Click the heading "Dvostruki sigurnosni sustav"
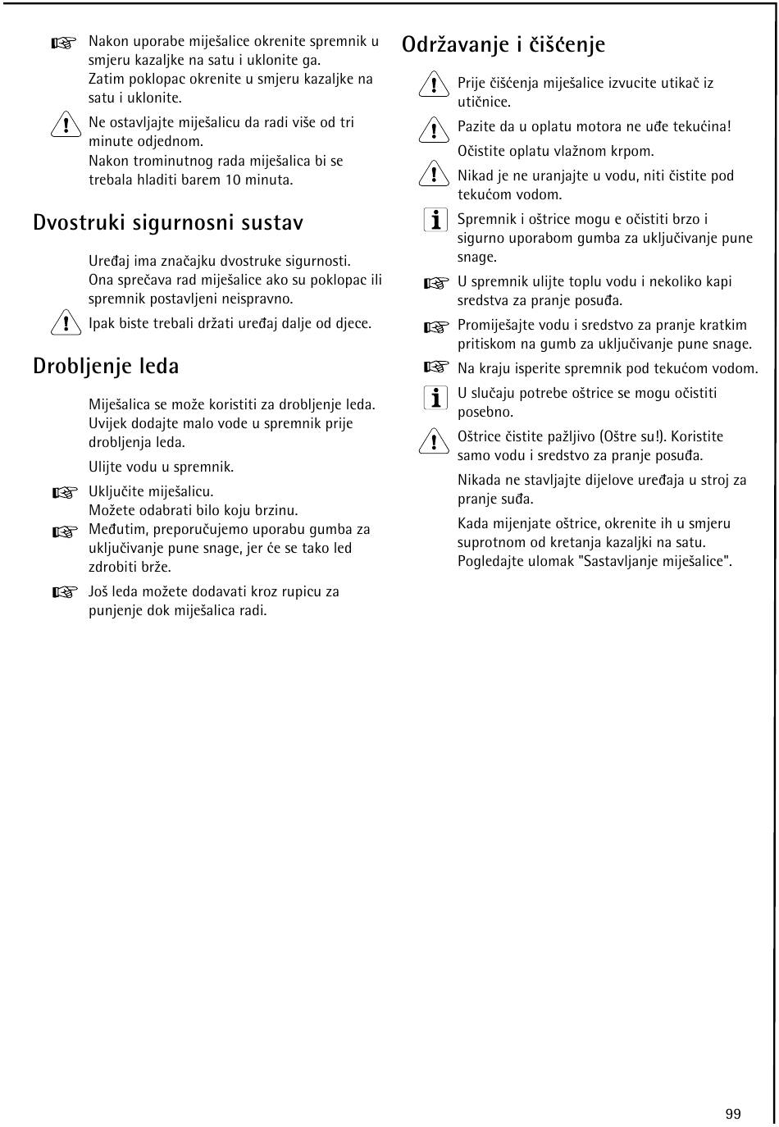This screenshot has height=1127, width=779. pos(168,223)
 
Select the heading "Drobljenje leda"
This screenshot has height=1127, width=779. pos(106,366)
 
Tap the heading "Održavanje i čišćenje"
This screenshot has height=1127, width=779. pos(503,44)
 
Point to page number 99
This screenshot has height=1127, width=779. pos(733,1113)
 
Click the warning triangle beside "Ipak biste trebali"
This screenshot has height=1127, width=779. pos(62,324)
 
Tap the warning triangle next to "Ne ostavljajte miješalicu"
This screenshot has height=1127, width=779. pos(62,124)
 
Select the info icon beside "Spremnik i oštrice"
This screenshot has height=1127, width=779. pos(435,220)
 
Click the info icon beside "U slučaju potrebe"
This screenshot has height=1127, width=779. pos(435,398)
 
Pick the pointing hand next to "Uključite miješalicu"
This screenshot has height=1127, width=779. pos(63,493)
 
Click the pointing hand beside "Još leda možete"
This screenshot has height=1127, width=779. pos(63,592)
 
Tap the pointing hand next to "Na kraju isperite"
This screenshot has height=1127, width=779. pos(436,367)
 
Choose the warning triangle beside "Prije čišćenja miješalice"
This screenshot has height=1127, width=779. pos(431,84)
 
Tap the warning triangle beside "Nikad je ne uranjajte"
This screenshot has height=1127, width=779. pos(431,176)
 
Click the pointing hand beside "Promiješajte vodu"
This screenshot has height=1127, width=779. pos(436,327)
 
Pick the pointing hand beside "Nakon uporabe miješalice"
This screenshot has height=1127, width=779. pos(63,43)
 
